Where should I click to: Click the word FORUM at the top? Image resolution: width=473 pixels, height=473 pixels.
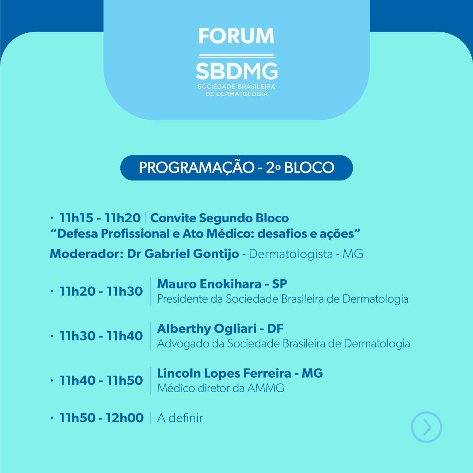236,36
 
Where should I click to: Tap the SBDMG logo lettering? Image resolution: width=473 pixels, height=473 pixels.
236,71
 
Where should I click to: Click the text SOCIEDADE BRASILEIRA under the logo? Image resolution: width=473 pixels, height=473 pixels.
236,87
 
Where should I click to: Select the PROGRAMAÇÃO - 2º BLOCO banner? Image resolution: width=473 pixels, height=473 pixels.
236,168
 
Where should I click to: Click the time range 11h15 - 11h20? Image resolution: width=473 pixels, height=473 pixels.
100,218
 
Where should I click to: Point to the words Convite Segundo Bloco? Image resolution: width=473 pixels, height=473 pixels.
219,218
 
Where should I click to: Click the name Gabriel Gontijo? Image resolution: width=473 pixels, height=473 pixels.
192,254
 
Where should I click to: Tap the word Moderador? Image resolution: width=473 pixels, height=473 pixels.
87,254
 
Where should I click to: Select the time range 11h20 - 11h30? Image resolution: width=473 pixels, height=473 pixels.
101,291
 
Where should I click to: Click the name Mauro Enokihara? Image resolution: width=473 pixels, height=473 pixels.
209,284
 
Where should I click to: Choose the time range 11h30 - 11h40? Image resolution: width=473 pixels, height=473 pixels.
101,336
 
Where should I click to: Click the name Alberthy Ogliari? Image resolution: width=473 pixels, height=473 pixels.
207,329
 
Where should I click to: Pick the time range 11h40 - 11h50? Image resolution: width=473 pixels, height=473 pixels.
101,381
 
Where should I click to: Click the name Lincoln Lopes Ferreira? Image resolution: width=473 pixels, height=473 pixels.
224,373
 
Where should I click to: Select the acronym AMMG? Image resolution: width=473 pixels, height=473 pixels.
266,388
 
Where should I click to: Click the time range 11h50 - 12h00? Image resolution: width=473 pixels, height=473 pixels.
102,418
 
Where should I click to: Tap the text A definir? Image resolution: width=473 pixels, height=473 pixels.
180,418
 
